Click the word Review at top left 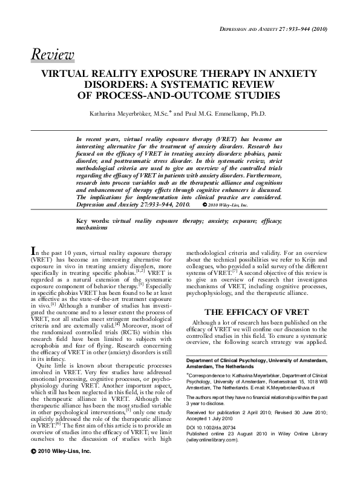(53, 55)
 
